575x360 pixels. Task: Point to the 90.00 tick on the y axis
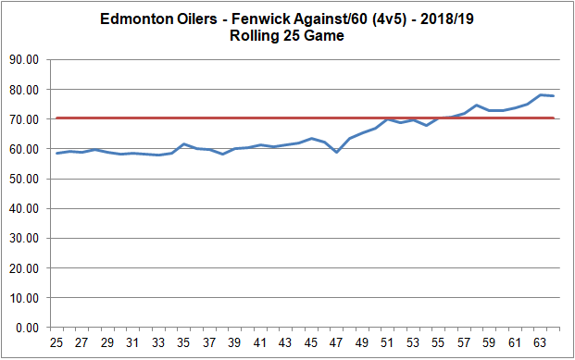pos(27,59)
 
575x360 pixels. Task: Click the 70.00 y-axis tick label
pos(27,119)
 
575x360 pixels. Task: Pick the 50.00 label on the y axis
pos(27,179)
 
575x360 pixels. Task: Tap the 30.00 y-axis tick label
pos(27,239)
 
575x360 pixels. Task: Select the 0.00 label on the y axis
pos(30,328)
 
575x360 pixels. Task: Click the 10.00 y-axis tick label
pos(27,298)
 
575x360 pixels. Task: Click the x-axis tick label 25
pos(57,343)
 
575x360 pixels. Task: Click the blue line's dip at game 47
pos(337,152)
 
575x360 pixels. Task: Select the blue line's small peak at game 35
pos(184,143)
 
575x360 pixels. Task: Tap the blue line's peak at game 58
pos(477,105)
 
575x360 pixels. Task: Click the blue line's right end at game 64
pos(554,96)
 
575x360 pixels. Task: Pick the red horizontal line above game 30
pos(120,118)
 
